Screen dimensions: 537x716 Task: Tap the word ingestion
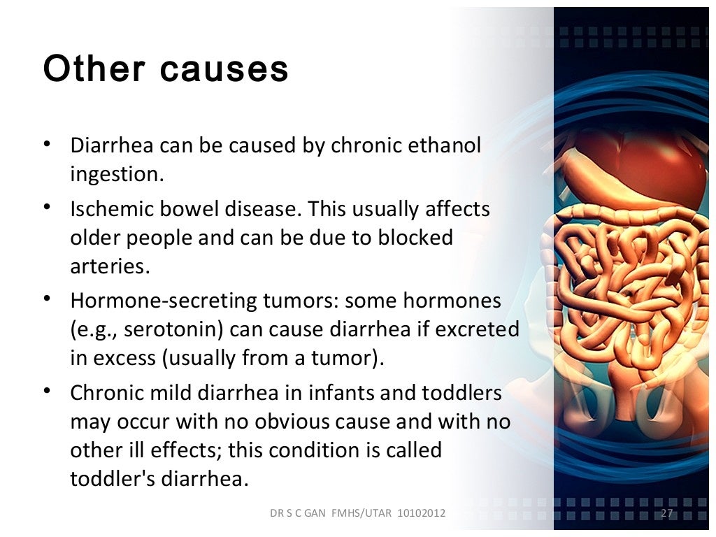click(x=117, y=174)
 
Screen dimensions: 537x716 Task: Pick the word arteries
click(x=110, y=266)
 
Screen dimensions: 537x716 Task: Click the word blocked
click(x=415, y=238)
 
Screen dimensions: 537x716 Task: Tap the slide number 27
click(x=666, y=514)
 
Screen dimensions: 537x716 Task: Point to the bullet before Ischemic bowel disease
click(x=47, y=208)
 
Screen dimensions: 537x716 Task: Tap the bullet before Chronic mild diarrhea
click(x=47, y=392)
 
